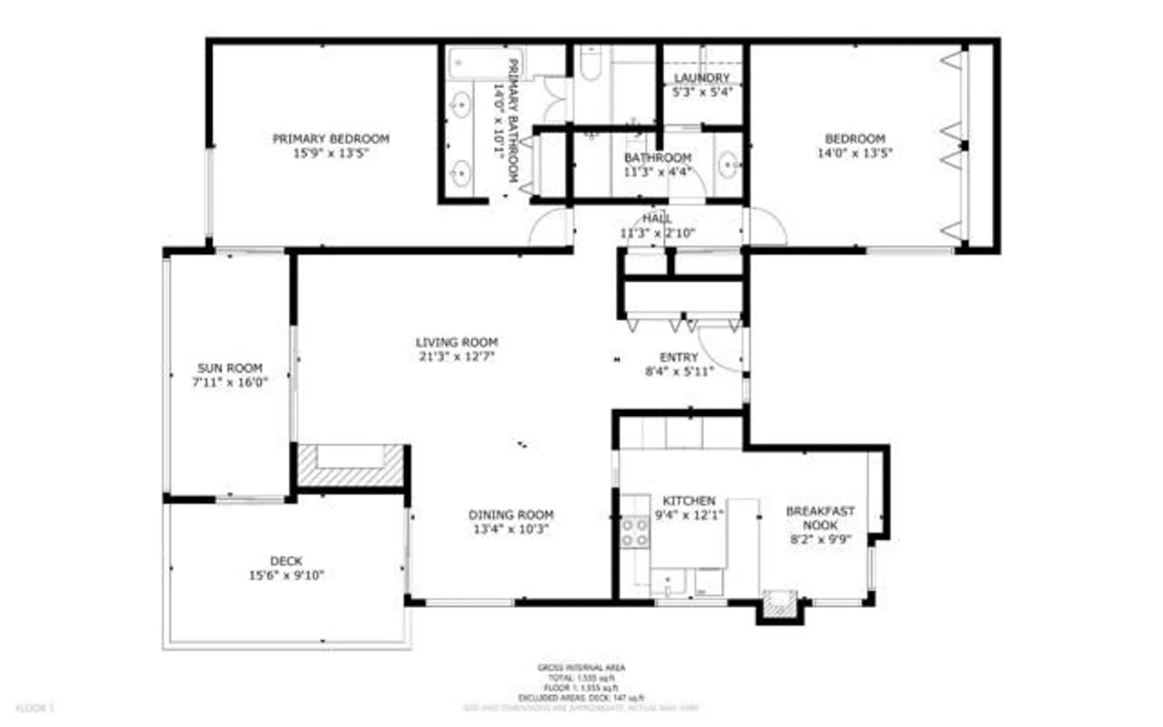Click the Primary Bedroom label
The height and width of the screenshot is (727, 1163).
coord(331,138)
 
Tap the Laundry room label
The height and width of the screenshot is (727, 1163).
coord(702,78)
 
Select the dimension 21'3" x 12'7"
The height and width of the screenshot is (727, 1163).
coord(456,357)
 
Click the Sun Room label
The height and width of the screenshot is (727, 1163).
coord(230,368)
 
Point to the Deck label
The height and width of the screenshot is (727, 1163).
coord(286,561)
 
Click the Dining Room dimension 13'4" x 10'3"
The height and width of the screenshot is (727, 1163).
coord(511,529)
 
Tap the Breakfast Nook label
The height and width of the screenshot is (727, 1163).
coord(820,518)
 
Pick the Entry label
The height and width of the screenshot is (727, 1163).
coord(679,357)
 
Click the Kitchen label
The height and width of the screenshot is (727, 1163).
coord(689,501)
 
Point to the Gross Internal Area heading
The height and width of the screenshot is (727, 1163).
coord(581,668)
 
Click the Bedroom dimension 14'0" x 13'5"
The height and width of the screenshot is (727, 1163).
coord(854,154)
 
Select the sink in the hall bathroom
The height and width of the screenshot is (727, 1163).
coord(728,167)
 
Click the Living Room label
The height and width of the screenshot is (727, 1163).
coord(456,342)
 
